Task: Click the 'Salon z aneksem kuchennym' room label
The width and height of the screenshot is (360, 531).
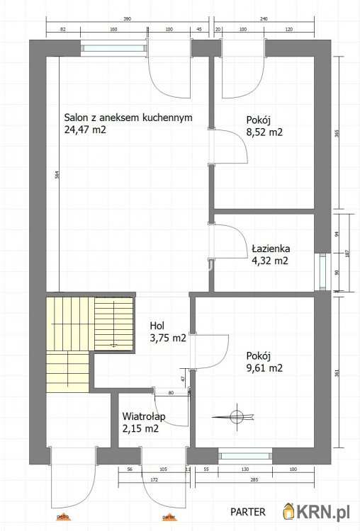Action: pos(128,118)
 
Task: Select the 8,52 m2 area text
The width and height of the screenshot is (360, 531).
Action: pos(264,131)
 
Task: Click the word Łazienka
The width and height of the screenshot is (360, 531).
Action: pos(269,249)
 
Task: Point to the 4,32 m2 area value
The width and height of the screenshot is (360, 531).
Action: pos(270,261)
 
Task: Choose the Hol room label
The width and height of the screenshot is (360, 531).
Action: pos(157,326)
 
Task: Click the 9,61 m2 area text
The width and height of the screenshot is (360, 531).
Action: pos(264,367)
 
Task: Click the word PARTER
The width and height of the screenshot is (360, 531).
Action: pos(248,511)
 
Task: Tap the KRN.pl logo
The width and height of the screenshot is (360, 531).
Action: pos(318,511)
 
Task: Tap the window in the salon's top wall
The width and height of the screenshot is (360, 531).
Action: pos(113,48)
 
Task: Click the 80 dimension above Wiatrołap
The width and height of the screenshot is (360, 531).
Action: pos(170,393)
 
